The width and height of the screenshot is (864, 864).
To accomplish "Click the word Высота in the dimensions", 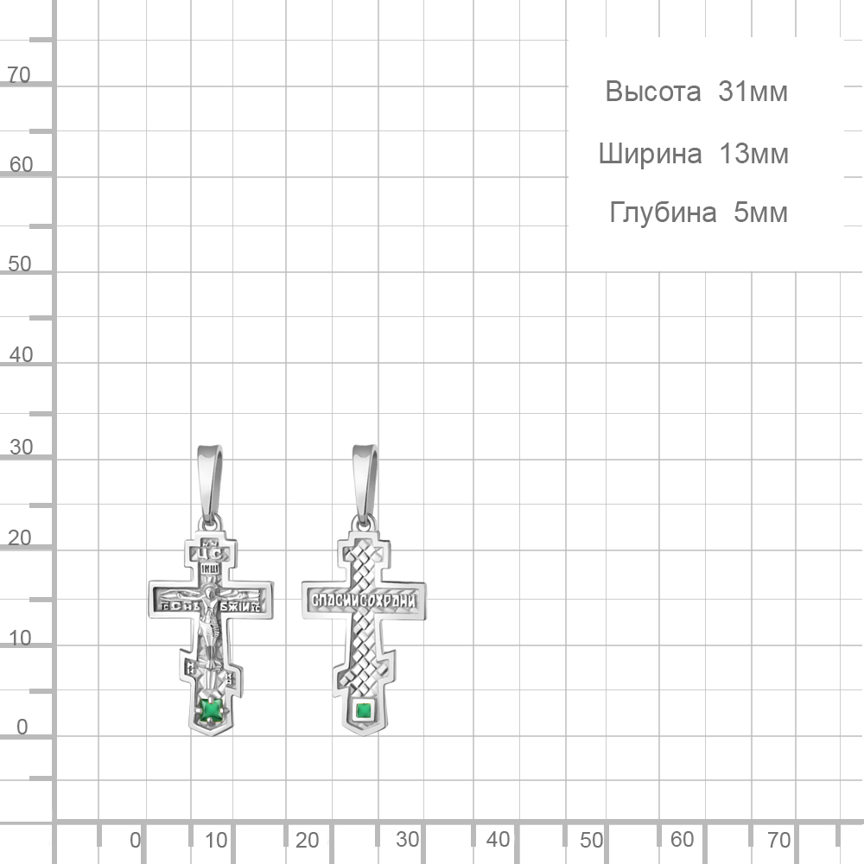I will tap(652, 92).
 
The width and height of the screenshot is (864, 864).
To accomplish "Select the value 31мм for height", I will tap(753, 92).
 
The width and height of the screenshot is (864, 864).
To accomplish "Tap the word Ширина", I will tap(650, 155).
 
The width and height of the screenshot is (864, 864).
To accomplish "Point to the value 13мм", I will tap(753, 155).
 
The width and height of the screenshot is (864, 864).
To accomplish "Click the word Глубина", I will tap(663, 213).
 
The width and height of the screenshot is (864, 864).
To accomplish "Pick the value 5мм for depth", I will tap(760, 213).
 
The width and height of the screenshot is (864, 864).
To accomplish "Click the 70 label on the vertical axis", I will tap(19, 76).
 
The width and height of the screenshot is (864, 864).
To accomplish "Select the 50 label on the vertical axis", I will tap(19, 264).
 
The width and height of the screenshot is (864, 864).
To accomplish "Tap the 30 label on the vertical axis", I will tap(21, 448).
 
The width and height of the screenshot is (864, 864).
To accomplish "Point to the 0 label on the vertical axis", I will tap(22, 727).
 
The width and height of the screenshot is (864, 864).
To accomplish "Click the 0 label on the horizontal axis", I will tap(135, 840).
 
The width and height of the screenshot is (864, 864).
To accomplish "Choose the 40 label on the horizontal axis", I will tap(498, 840).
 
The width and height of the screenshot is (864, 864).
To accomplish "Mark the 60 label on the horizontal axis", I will tap(682, 840).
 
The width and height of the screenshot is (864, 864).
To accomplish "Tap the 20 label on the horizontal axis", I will tap(307, 840).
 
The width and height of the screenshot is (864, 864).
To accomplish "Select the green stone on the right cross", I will tap(364, 712).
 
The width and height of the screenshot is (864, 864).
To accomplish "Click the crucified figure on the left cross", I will tap(208, 622).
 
